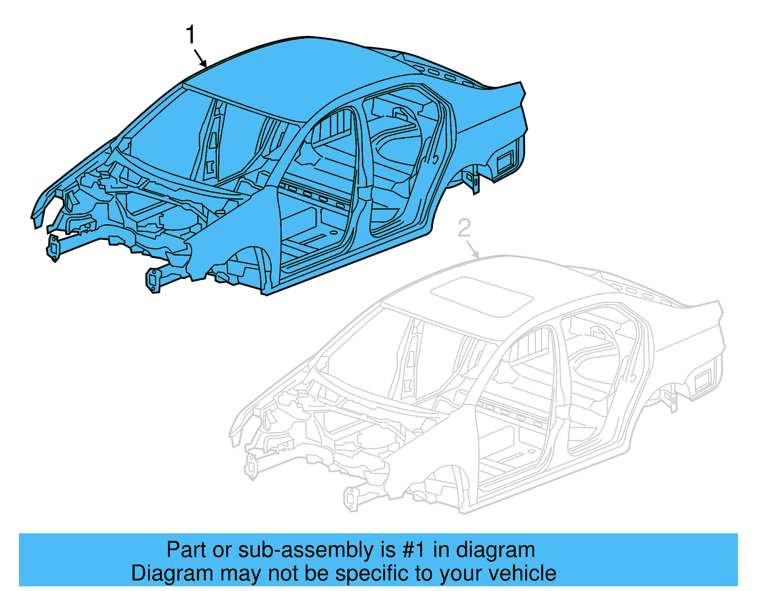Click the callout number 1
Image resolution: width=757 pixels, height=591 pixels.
[x=190, y=35]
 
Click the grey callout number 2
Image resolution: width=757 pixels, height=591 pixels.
[x=465, y=229]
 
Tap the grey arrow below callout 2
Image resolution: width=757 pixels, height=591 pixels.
[x=472, y=249]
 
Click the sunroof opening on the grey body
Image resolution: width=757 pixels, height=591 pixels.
[x=482, y=297]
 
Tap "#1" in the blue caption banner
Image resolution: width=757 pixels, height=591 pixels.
[x=414, y=550]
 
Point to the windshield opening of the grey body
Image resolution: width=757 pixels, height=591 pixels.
[x=360, y=345]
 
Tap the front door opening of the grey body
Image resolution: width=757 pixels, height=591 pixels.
[x=516, y=416]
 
